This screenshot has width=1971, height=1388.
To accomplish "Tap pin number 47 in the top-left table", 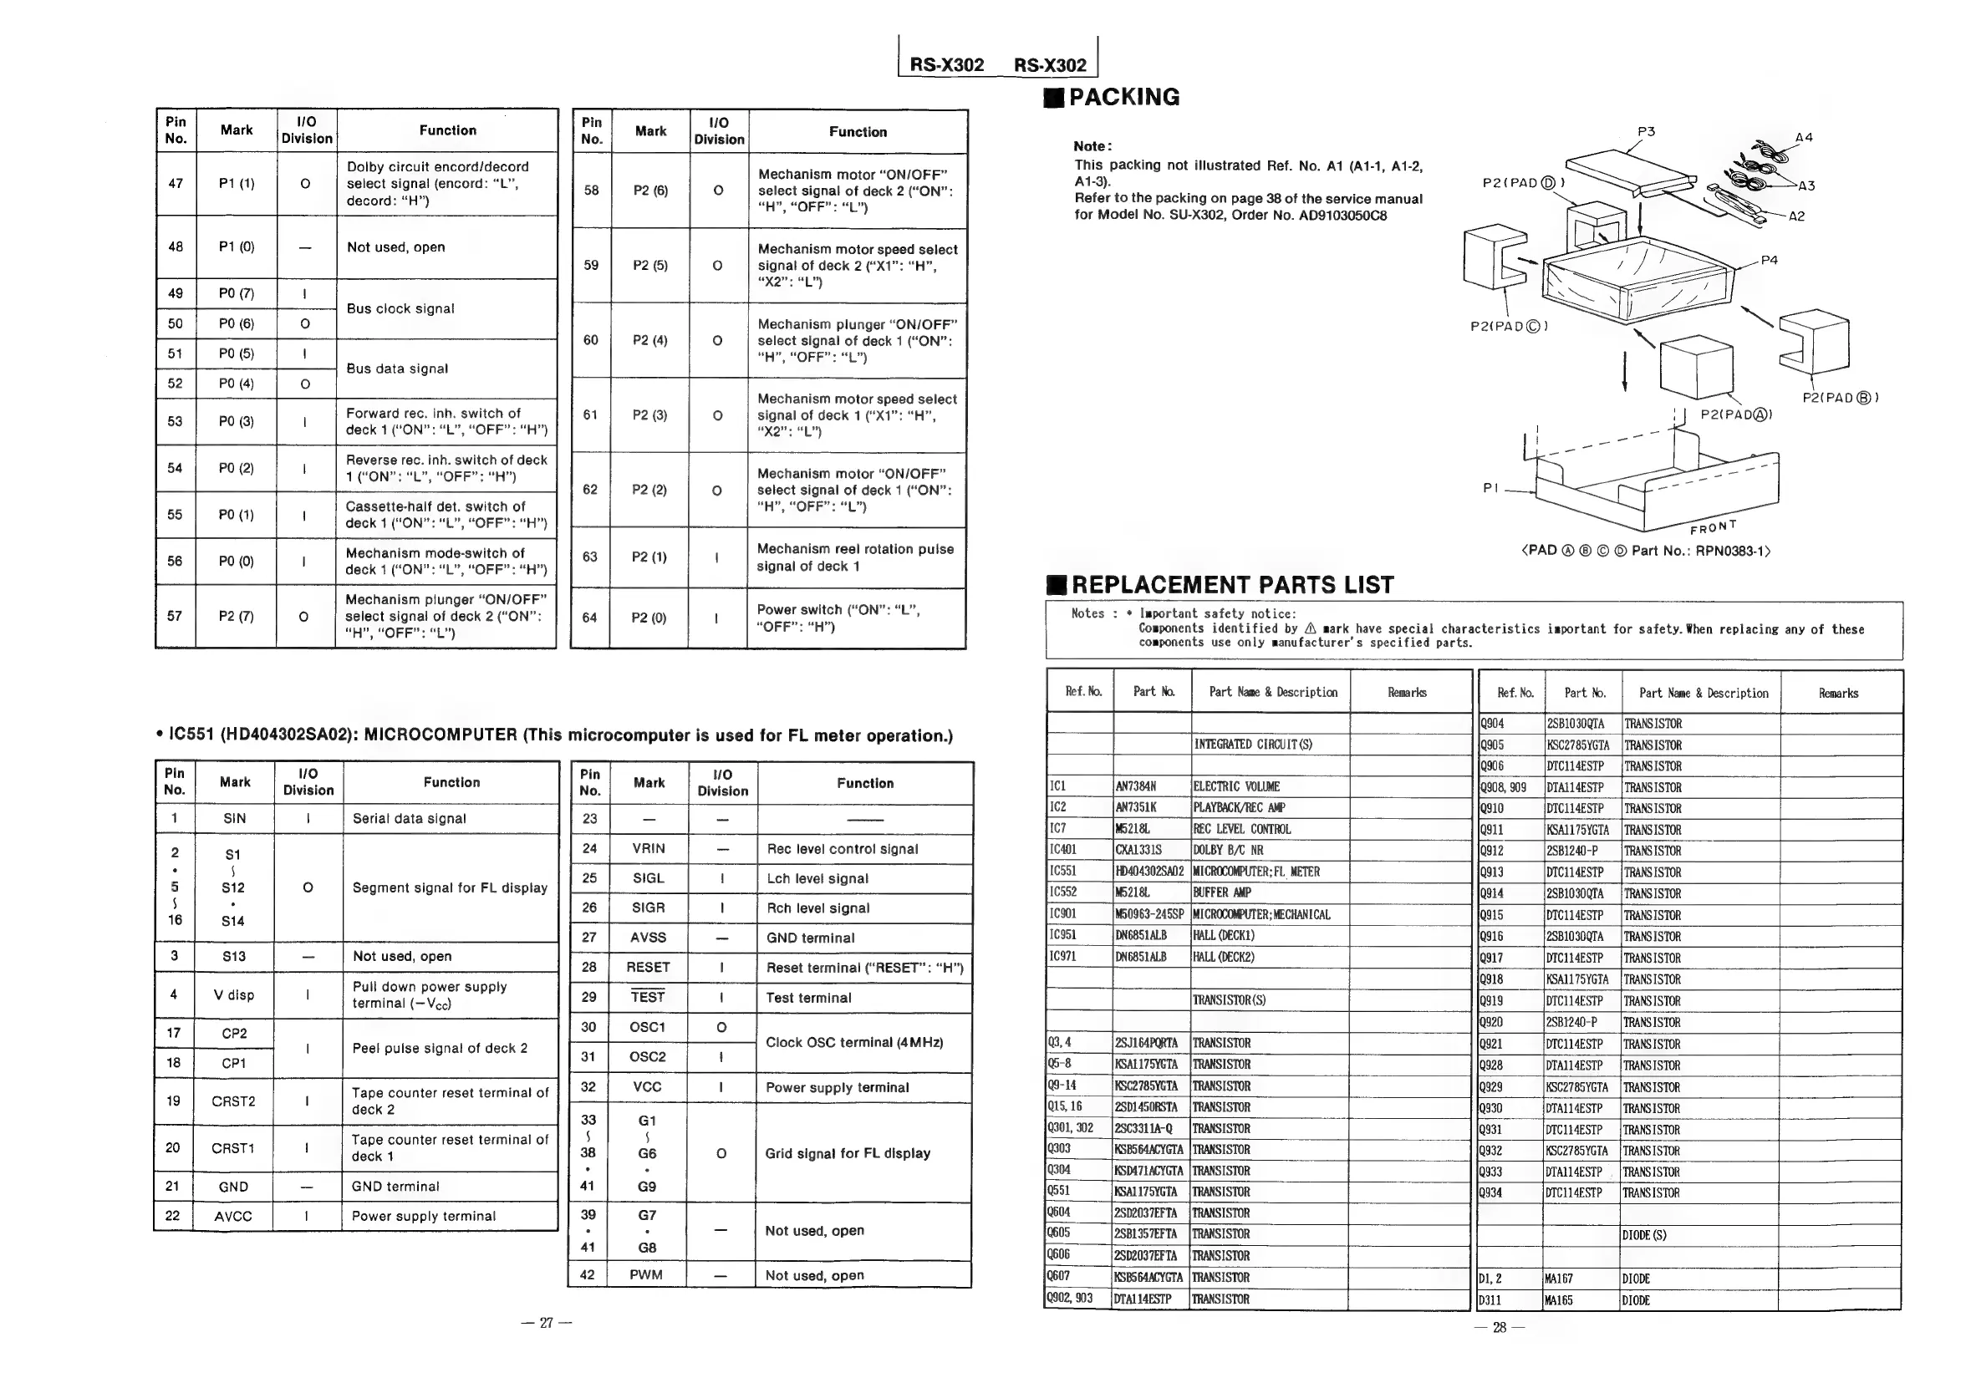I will point(176,183).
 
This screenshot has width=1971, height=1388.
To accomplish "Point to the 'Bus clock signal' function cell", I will point(400,309).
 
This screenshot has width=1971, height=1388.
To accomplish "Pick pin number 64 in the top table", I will point(590,618).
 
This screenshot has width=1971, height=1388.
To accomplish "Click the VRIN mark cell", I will point(648,848).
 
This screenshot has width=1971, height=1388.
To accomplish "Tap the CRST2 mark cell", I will point(233,1101).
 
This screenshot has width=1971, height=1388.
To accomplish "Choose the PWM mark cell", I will point(645,1274).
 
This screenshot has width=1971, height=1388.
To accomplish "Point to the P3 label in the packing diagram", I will point(1646,131).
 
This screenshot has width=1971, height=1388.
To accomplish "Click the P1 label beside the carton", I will point(1490,487).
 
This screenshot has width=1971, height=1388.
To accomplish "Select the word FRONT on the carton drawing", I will point(1713,527).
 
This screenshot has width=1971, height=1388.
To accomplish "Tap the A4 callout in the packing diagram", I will point(1804,137).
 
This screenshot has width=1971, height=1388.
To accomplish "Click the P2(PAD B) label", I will point(1840,398).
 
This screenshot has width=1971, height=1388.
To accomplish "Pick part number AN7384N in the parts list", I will point(1136,786).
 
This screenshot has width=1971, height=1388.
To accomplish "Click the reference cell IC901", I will point(1062,914).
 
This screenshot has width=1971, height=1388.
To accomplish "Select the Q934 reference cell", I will point(1492,1192).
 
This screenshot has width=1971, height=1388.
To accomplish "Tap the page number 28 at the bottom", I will point(1499,1327).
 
